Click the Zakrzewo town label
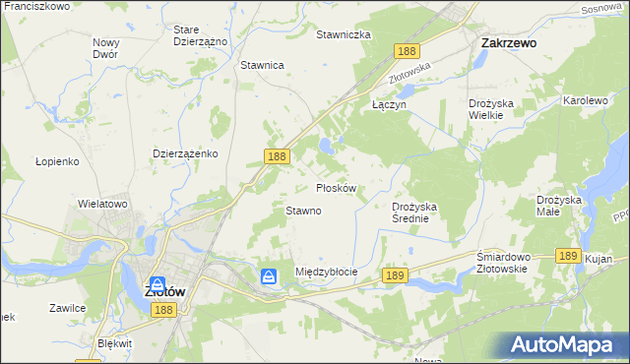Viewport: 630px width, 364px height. (508, 43)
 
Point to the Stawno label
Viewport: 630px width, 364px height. (303, 211)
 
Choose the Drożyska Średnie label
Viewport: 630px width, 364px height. (419, 212)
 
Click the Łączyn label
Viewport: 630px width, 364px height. (389, 102)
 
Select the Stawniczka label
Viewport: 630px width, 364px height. (343, 34)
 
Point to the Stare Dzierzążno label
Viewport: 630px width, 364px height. (200, 36)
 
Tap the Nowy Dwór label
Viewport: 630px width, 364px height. (105, 48)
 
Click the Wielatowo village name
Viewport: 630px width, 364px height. (103, 204)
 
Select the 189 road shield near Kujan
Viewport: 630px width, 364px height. (566, 254)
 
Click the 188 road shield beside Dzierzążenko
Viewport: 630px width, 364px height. (277, 156)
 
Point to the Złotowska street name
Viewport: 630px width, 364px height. (411, 66)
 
